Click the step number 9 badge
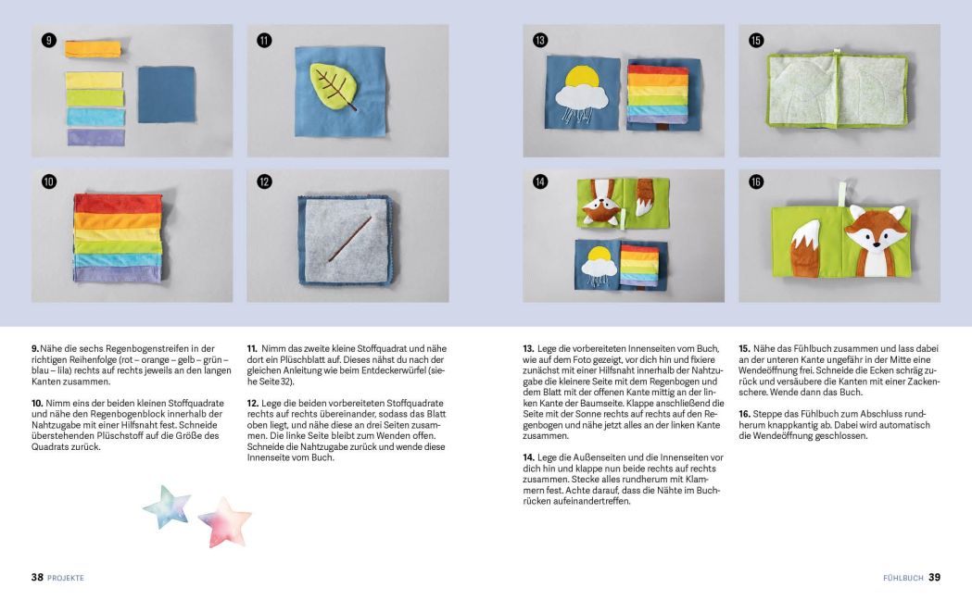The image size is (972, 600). [49, 40]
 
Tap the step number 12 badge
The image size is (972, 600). [264, 182]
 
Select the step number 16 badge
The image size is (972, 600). [756, 182]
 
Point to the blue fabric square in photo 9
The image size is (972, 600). [167, 94]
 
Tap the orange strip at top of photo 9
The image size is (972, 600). [93, 49]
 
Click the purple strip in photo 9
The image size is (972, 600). [95, 137]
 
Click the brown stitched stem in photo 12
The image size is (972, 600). [348, 236]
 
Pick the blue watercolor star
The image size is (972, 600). [167, 506]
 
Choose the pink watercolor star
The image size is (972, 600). [224, 520]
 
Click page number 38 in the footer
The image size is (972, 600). [37, 577]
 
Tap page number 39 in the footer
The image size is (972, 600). [934, 577]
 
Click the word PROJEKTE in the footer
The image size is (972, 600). [66, 578]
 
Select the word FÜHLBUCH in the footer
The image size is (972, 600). [903, 578]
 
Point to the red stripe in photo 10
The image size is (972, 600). [118, 203]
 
